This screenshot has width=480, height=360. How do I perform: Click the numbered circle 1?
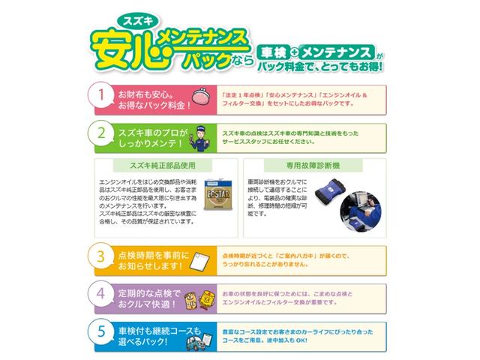click(101, 96)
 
